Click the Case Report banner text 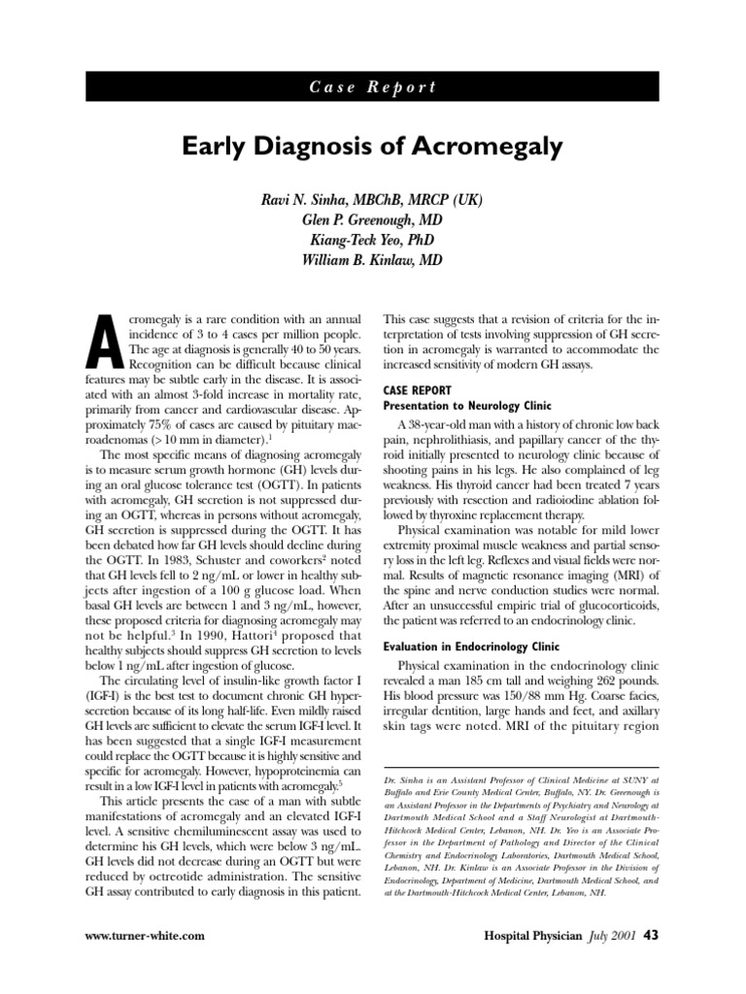pyautogui.click(x=373, y=86)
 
